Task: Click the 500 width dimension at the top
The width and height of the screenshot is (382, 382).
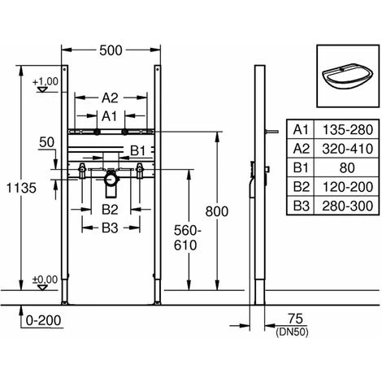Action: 111,50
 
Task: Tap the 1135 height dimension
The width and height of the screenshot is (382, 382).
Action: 21,188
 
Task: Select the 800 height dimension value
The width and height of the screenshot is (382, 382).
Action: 217,211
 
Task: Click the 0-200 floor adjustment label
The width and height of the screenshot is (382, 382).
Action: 43,320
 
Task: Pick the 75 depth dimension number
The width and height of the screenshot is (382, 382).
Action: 295,319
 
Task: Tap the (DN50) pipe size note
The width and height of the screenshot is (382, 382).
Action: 292,332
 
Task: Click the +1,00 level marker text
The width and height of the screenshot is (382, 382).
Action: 46,81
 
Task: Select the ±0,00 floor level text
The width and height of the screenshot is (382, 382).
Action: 46,280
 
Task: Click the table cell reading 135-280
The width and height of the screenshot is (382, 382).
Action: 348,130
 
